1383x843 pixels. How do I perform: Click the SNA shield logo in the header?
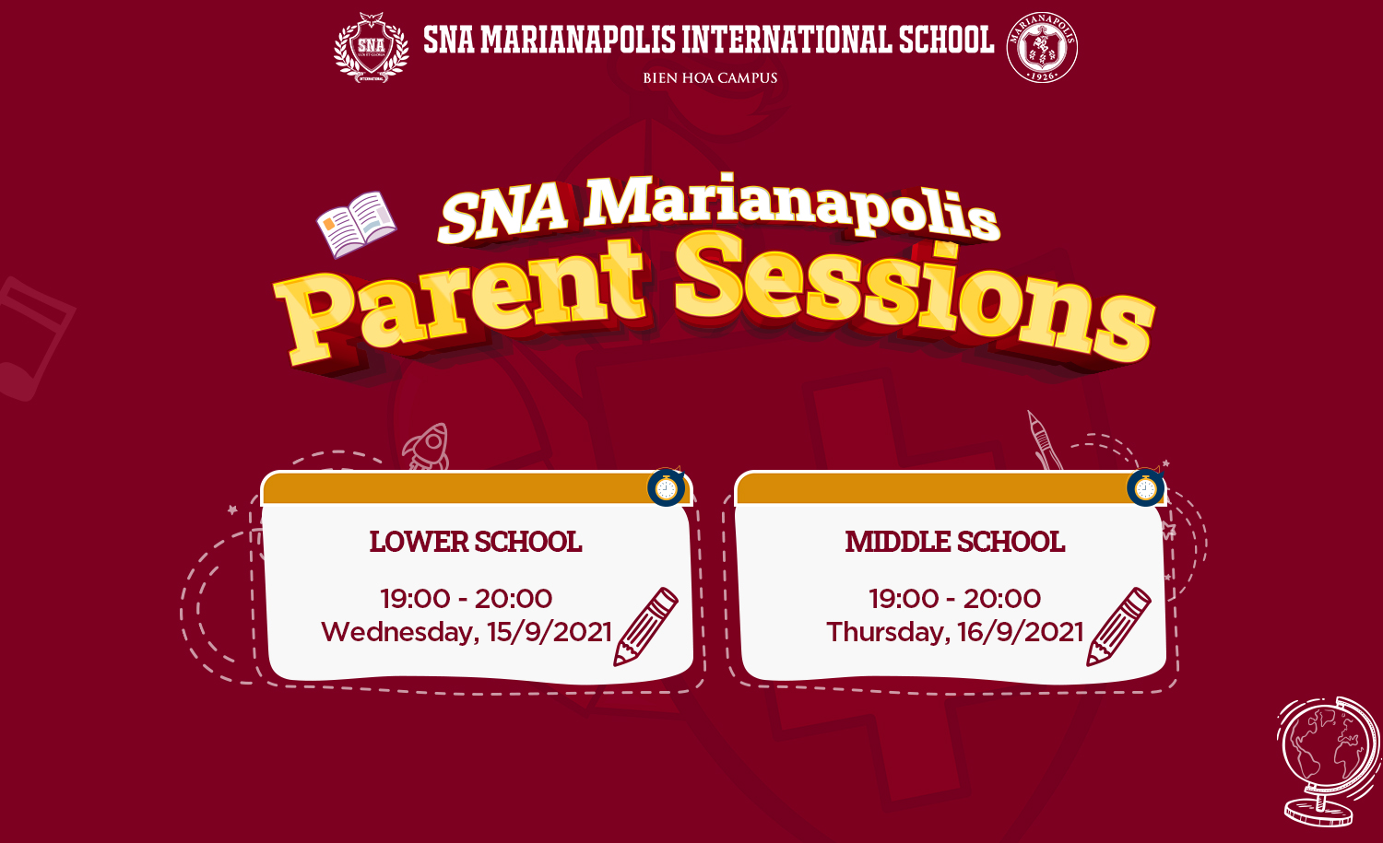(371, 48)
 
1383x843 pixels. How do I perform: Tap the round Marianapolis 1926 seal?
(1042, 48)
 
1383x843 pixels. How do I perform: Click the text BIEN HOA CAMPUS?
(710, 78)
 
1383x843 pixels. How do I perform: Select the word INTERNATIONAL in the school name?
(786, 40)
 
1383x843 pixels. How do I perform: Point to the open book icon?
(356, 224)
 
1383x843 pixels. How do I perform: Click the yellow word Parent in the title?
(460, 302)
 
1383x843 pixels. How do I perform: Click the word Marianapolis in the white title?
(792, 206)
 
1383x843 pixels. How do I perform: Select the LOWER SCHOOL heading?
(476, 542)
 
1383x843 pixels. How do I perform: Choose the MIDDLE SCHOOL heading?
(955, 542)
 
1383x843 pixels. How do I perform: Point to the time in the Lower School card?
(467, 599)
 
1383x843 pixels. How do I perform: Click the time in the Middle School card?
(955, 599)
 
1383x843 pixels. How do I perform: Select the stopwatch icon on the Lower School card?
(667, 487)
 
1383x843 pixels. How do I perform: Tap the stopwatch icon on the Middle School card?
(1146, 487)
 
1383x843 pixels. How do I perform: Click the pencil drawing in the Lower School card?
(645, 627)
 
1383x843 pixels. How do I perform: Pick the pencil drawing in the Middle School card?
(1118, 627)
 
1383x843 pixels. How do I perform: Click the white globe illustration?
(1330, 762)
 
